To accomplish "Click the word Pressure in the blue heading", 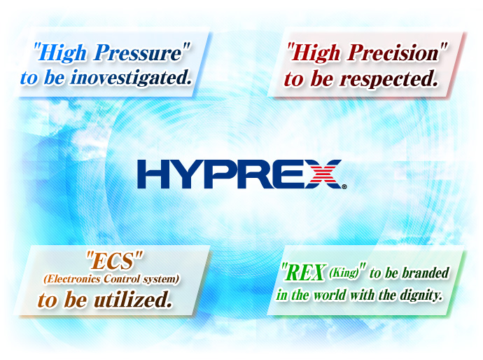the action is [139, 53].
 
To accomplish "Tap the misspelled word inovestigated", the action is [131, 77].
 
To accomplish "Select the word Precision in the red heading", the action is [393, 53].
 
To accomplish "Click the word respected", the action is [388, 79].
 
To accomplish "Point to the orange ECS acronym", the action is [114, 261].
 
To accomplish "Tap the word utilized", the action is [133, 299].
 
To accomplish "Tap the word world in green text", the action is [330, 295].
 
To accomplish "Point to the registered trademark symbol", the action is [344, 186].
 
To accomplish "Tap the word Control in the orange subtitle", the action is [121, 279].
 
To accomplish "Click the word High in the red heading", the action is [316, 53].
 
